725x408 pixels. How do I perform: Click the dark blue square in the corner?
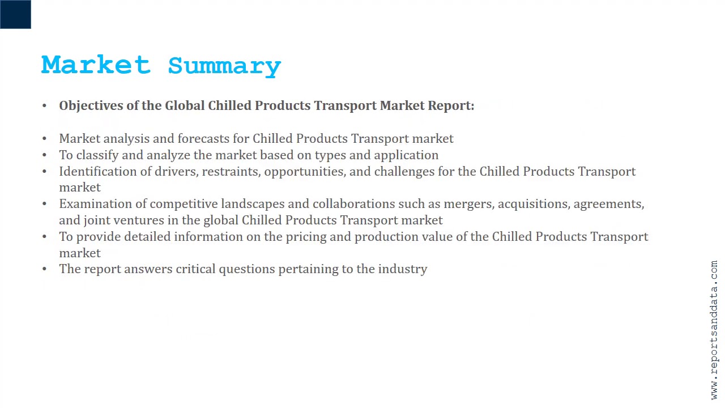tap(15, 14)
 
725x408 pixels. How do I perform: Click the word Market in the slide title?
tap(96, 65)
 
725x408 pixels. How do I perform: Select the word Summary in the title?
tap(224, 66)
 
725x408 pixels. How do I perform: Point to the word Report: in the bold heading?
tap(451, 106)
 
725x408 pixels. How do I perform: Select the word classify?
tap(97, 155)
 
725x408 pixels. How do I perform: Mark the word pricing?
tap(305, 237)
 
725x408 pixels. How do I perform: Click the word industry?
tap(403, 269)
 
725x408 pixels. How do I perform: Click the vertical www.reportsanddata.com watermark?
tap(714, 330)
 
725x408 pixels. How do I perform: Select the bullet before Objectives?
tap(45, 106)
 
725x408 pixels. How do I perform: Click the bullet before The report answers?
tap(45, 269)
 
